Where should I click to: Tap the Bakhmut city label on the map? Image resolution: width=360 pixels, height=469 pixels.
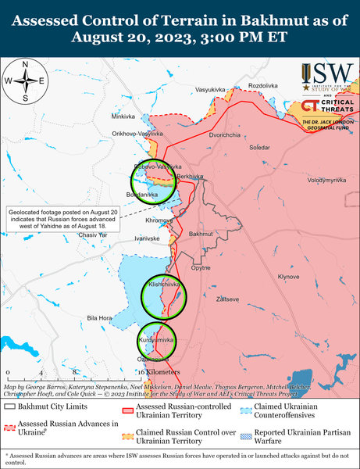click(201, 234)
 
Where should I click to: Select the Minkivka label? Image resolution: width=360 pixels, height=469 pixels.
click(123, 116)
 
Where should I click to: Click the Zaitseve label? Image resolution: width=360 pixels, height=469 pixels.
click(227, 299)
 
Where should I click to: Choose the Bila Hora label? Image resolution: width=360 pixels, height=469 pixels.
click(100, 318)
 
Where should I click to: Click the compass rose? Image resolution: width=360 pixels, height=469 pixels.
click(26, 81)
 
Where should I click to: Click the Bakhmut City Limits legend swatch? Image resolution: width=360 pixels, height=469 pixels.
click(10, 406)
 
